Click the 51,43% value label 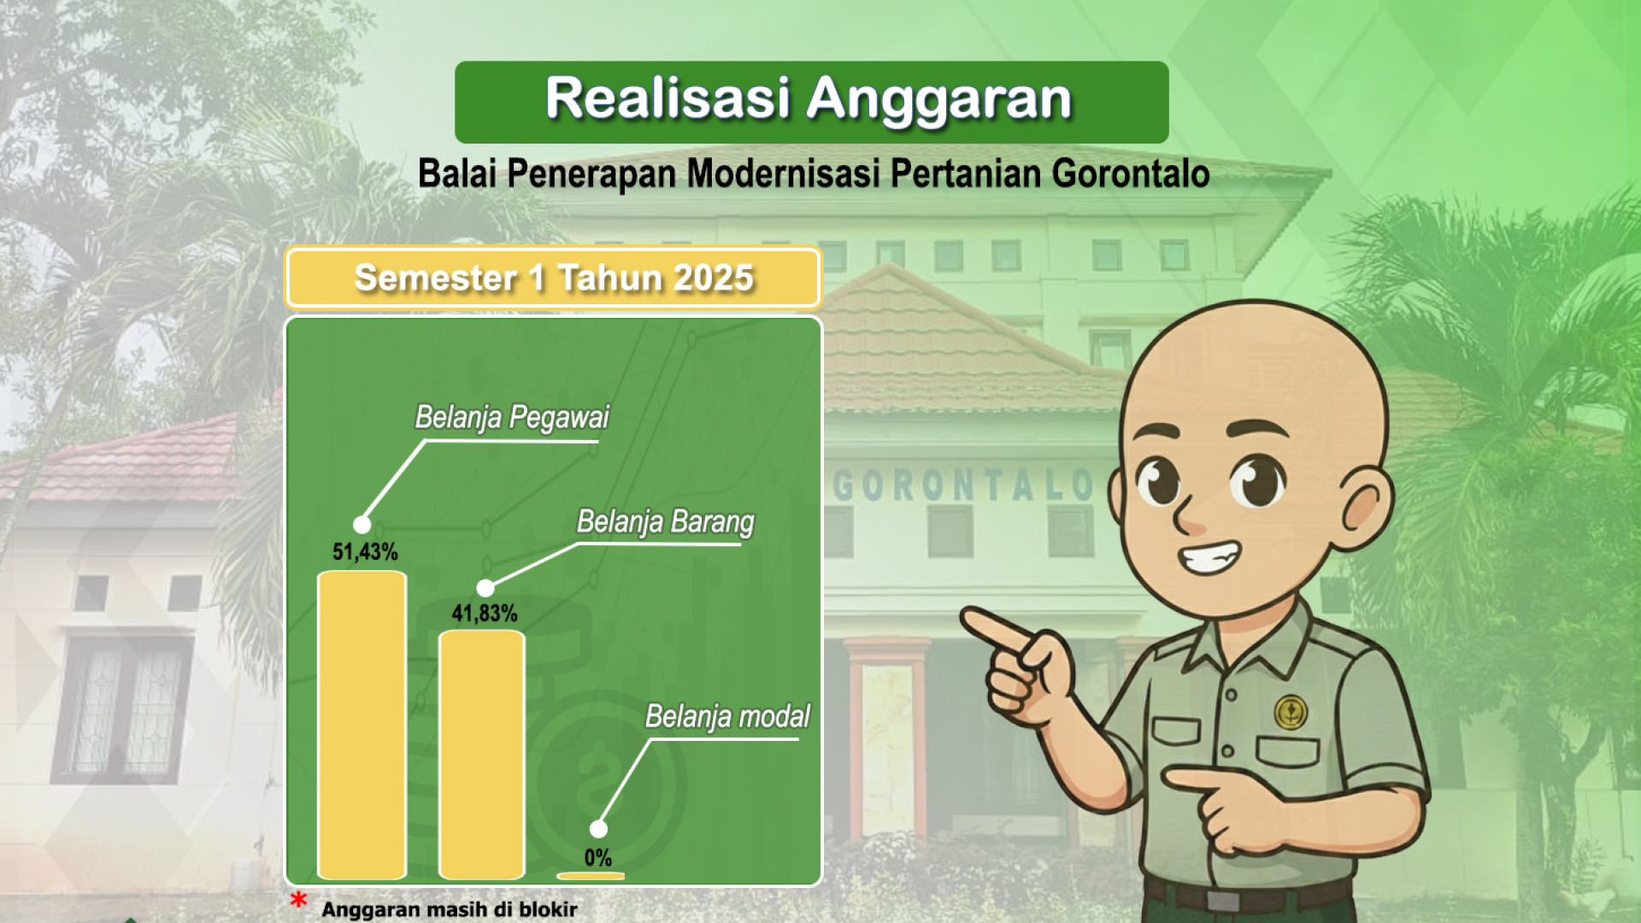coord(365,552)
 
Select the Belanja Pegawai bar coord(362,725)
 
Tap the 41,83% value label coord(485,614)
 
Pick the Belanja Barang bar coord(481,755)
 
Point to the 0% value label coord(598,858)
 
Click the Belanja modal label coord(727,716)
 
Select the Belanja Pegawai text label coord(512,417)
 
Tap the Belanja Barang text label coord(666,521)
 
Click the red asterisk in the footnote coord(298,900)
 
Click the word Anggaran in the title coord(938,99)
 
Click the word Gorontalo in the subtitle coord(1130,173)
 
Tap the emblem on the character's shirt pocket coord(1291,712)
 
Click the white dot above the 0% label coord(598,829)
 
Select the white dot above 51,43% coord(362,525)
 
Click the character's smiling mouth coord(1209,558)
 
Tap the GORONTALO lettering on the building coord(964,485)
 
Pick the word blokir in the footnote coord(548,909)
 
